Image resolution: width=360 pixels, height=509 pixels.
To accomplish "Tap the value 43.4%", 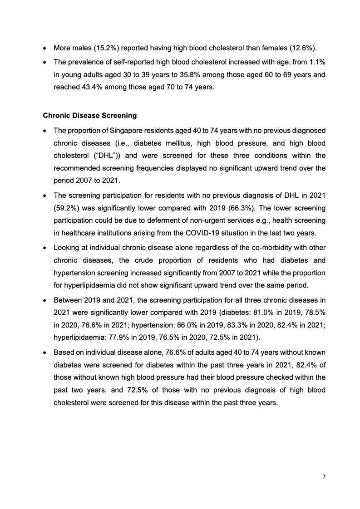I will pyautogui.click(x=87, y=87).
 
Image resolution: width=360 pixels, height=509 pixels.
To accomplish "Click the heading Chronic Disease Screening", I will pyautogui.click(x=83, y=116).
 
